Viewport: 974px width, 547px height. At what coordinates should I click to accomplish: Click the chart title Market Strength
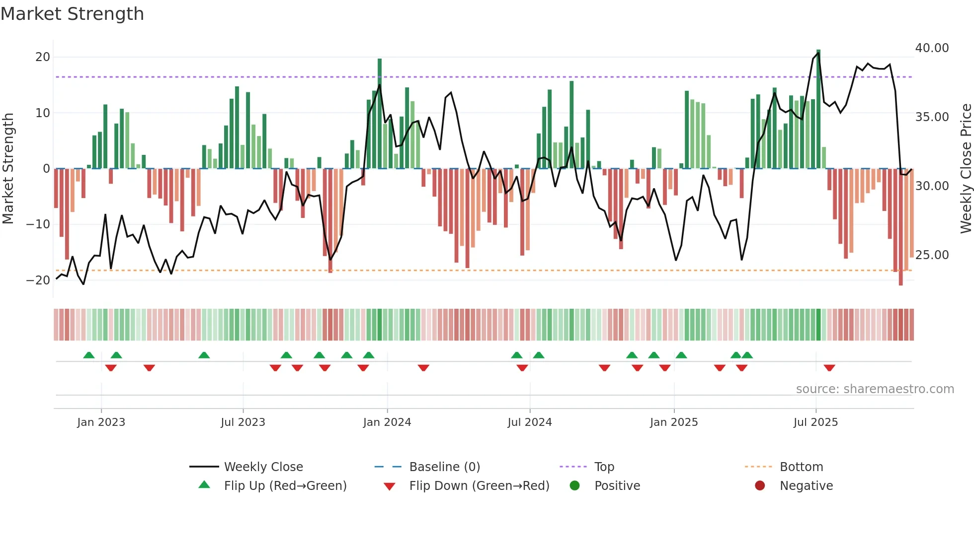tap(72, 14)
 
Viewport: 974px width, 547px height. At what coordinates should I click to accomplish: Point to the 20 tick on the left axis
tap(43, 57)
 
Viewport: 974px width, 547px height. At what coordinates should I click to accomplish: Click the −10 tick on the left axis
tap(38, 224)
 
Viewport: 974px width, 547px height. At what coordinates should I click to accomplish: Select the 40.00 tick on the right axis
tap(932, 48)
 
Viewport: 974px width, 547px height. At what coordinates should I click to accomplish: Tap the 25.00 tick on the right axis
tap(932, 255)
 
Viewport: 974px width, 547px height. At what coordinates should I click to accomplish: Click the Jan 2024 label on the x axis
tap(387, 422)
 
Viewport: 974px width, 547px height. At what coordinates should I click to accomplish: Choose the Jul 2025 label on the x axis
tap(815, 422)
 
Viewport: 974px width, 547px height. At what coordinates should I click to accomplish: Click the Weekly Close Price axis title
tap(966, 169)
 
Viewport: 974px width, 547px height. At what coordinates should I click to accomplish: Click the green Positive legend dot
tap(575, 486)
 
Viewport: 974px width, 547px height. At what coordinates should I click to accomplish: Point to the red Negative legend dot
tap(760, 486)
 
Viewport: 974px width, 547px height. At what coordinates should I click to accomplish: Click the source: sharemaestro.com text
tap(875, 389)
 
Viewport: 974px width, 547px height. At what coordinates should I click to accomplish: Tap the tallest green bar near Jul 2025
tap(818, 109)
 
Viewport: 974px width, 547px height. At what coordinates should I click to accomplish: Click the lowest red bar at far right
tap(900, 228)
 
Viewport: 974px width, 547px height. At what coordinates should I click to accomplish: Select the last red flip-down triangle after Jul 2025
tap(829, 368)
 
